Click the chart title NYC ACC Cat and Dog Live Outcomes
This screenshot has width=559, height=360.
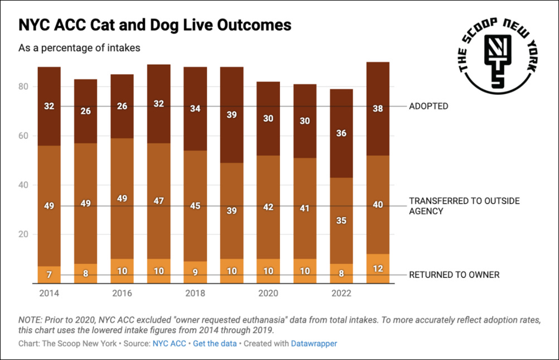pyautogui.click(x=155, y=26)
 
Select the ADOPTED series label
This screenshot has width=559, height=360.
pyautogui.click(x=428, y=106)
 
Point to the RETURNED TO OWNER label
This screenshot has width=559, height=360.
pyautogui.click(x=454, y=275)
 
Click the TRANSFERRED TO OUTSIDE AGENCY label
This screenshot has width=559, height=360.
pyautogui.click(x=464, y=206)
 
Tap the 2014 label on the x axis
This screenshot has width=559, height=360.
pyautogui.click(x=49, y=293)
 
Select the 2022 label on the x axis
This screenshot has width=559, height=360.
pyautogui.click(x=341, y=293)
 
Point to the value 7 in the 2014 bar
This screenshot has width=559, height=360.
pyautogui.click(x=49, y=275)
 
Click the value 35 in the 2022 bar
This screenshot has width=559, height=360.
pyautogui.click(x=341, y=220)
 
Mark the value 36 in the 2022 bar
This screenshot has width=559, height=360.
pyautogui.click(x=341, y=133)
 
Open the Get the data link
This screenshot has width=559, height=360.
pyautogui.click(x=215, y=343)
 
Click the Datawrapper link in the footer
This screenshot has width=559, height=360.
pyautogui.click(x=314, y=343)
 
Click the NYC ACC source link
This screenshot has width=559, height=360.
pyautogui.click(x=170, y=343)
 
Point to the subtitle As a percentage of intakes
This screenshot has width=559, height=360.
pyautogui.click(x=79, y=48)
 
